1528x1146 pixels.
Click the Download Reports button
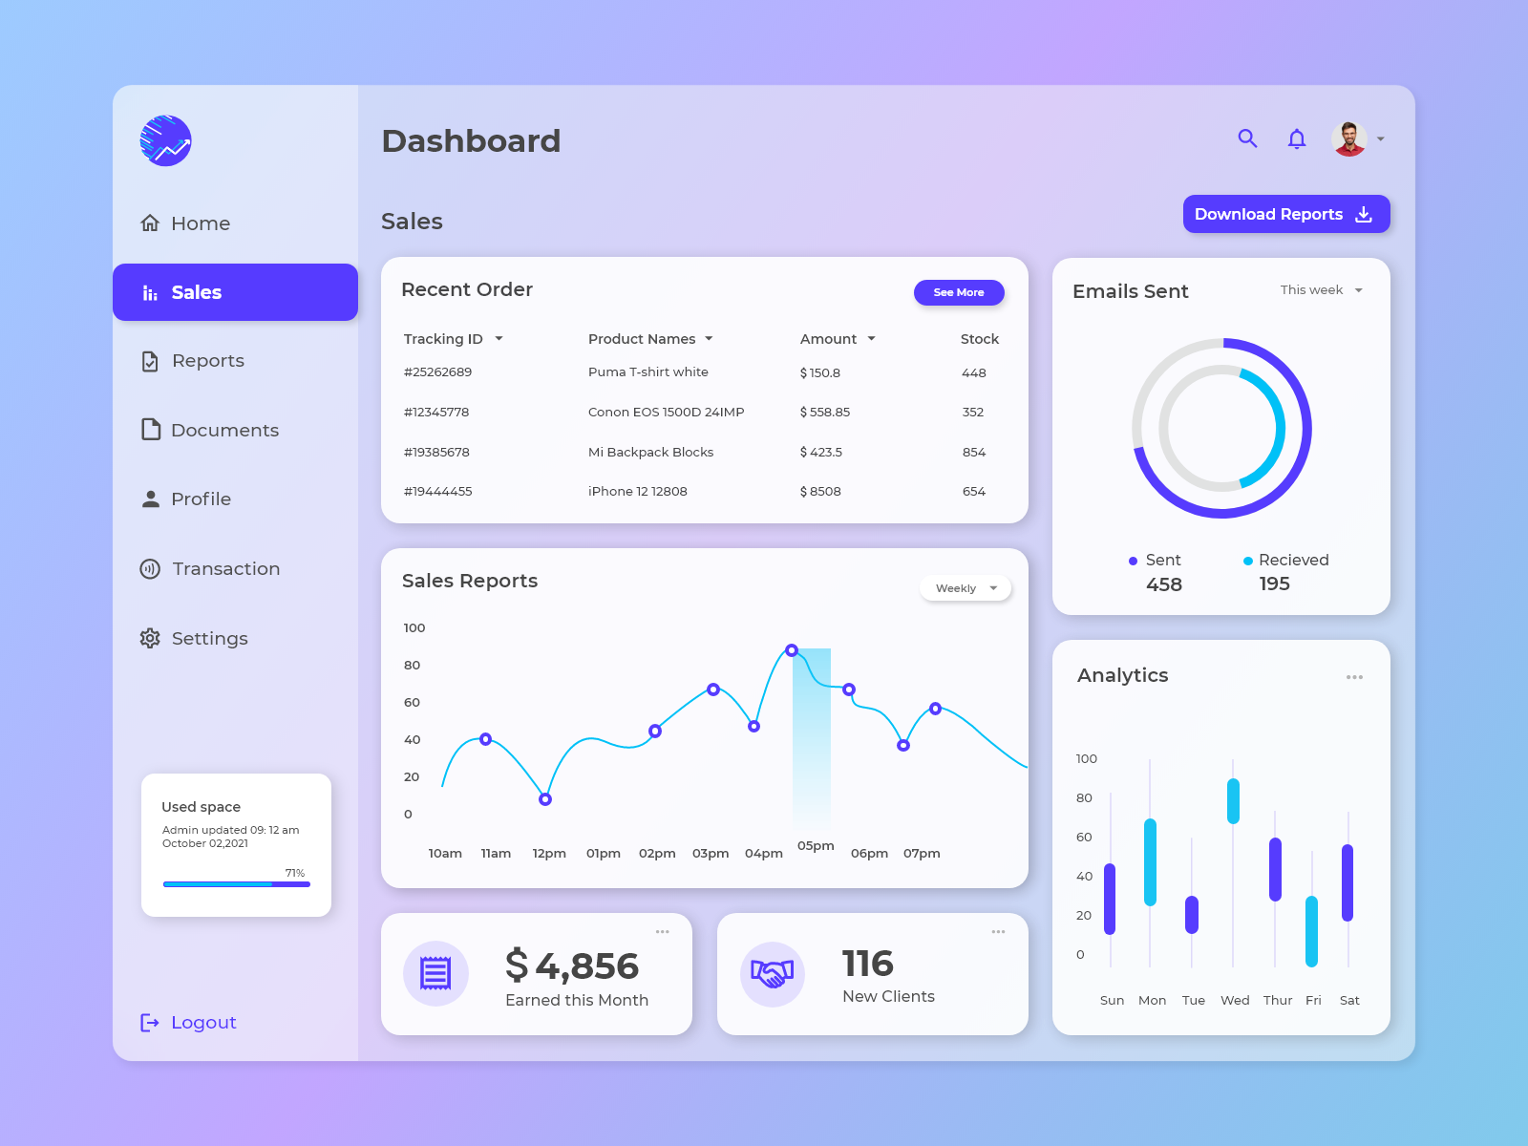point(1285,214)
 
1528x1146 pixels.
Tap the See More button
point(958,292)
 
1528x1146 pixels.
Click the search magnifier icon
point(1247,138)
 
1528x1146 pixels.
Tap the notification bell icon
point(1296,139)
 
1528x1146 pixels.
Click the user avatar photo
point(1348,139)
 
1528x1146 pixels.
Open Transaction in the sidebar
point(225,569)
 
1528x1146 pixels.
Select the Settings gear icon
point(150,638)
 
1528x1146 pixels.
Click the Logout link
point(202,1023)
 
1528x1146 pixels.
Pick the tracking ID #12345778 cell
point(436,413)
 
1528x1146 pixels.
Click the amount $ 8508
point(820,492)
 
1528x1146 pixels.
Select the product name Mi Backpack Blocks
point(650,453)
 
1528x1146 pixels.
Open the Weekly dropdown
point(966,588)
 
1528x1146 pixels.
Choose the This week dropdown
point(1321,290)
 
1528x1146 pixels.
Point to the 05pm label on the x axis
point(816,846)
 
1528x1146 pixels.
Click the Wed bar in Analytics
point(1233,801)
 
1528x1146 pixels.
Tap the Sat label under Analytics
point(1349,1001)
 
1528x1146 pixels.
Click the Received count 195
point(1274,584)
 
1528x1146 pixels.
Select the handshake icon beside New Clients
point(772,974)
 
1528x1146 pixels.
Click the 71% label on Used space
point(295,873)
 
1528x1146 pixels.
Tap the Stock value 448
point(973,373)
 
